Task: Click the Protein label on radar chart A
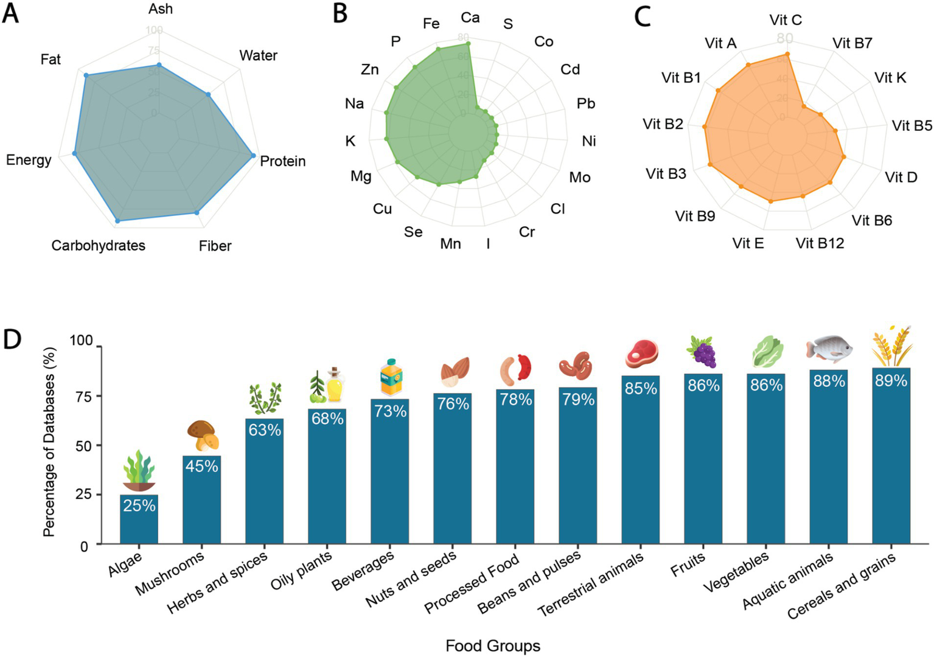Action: click(x=282, y=161)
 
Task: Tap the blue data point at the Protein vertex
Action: click(x=253, y=156)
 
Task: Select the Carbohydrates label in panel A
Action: click(x=99, y=246)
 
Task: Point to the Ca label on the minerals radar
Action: click(x=470, y=18)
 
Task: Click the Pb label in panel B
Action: click(x=585, y=103)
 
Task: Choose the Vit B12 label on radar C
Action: click(x=820, y=243)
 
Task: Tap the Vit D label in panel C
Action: click(x=901, y=177)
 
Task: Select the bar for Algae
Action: click(x=139, y=520)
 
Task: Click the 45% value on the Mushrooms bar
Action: click(x=201, y=467)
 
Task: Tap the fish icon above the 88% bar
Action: click(x=829, y=349)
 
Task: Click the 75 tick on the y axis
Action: click(x=84, y=396)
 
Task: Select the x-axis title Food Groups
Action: click(x=493, y=645)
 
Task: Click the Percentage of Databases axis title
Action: click(x=49, y=442)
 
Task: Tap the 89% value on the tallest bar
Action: click(x=891, y=381)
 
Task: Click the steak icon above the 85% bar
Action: click(x=641, y=352)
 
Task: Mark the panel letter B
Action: click(x=340, y=13)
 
